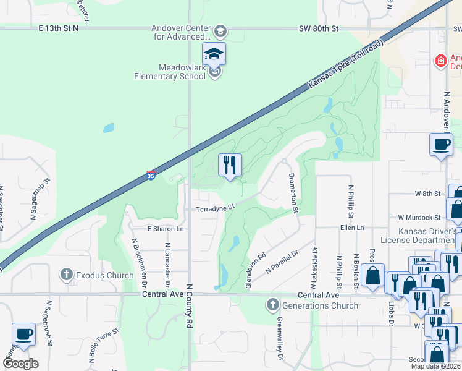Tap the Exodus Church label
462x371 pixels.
(x=104, y=275)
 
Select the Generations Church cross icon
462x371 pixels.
(x=272, y=304)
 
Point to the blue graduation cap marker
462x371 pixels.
(x=214, y=54)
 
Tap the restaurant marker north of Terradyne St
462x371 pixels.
(x=230, y=165)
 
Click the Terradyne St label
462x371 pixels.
(x=216, y=209)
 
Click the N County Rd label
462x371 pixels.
(x=190, y=324)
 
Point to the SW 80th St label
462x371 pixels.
(x=319, y=28)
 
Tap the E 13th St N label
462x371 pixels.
(x=59, y=28)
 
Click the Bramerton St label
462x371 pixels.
(x=294, y=194)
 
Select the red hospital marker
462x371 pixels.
(x=440, y=61)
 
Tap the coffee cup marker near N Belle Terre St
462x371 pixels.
(x=23, y=335)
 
